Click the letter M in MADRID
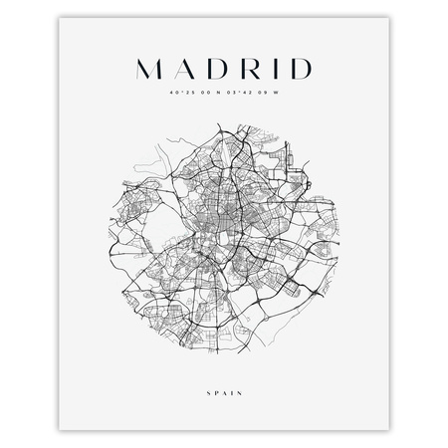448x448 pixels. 147,69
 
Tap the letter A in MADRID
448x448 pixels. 182,69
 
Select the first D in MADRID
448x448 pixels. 214,69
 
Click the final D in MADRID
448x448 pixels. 296,69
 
